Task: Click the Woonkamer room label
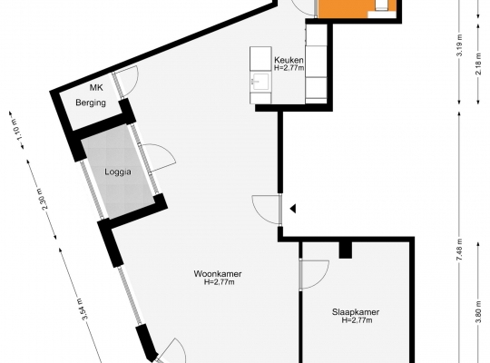(218, 274)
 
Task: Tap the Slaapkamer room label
(356, 312)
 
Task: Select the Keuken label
(289, 60)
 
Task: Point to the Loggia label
(118, 172)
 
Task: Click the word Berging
(91, 103)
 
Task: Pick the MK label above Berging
(96, 87)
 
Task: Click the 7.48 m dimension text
(459, 250)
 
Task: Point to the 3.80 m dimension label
(478, 311)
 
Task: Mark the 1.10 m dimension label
(17, 130)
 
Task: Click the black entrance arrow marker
(293, 209)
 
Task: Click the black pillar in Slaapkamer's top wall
(346, 250)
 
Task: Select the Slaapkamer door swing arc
(323, 279)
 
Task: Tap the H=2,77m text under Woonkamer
(220, 282)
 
